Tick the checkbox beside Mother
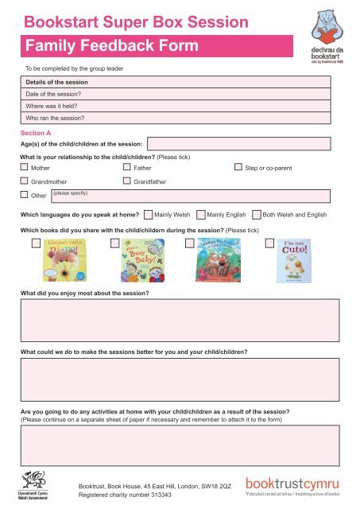25,169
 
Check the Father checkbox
127,169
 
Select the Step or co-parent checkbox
238,169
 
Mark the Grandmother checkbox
25,181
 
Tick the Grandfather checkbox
127,181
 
